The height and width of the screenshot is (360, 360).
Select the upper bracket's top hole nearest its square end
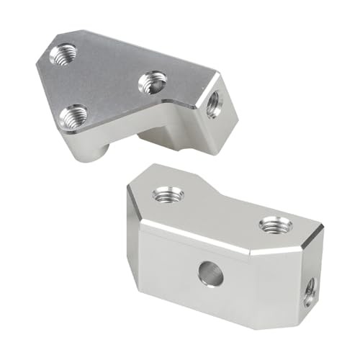[153, 82]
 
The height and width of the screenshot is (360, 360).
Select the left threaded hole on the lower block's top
[168, 194]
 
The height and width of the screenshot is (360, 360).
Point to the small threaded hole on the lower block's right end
[310, 289]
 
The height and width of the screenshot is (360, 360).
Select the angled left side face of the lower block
[132, 223]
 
